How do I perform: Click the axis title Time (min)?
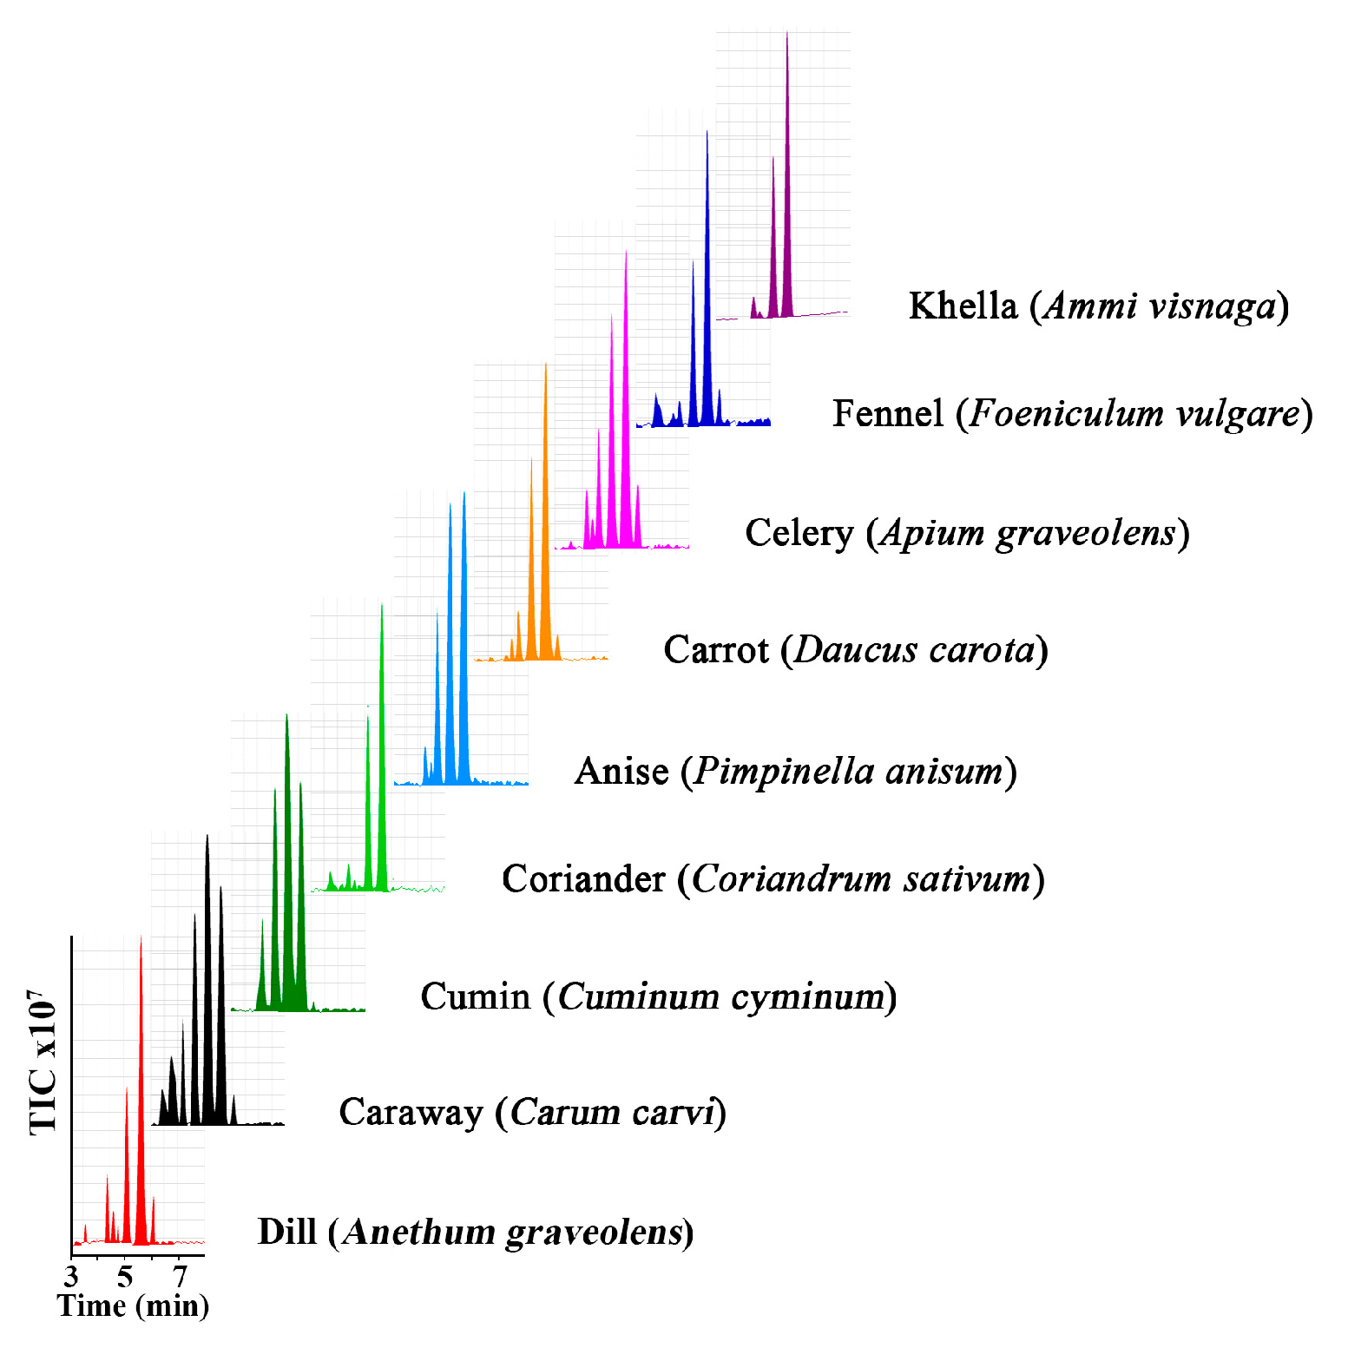point(133,1305)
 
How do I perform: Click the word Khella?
point(963,306)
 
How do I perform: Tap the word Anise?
point(621,771)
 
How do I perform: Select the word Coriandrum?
point(791,878)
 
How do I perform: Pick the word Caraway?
point(411,1112)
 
